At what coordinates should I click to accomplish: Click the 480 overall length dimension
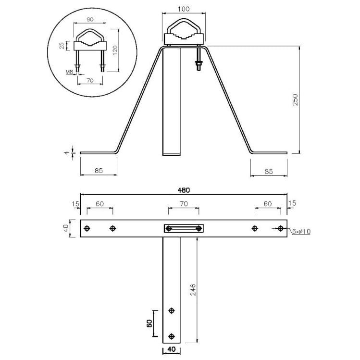pos(184,190)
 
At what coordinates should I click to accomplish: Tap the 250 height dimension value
pos(295,99)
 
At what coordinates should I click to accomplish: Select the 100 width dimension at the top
pos(184,9)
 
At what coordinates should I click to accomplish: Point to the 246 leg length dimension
pos(193,289)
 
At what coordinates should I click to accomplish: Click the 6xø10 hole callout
pos(301,232)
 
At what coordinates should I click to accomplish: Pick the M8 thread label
pos(69,72)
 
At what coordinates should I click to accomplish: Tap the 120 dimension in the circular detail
pos(115,50)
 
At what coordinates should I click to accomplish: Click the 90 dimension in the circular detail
pos(90,20)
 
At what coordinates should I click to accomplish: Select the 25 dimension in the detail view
pos(62,46)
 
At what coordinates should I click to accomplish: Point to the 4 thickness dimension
pos(67,152)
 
